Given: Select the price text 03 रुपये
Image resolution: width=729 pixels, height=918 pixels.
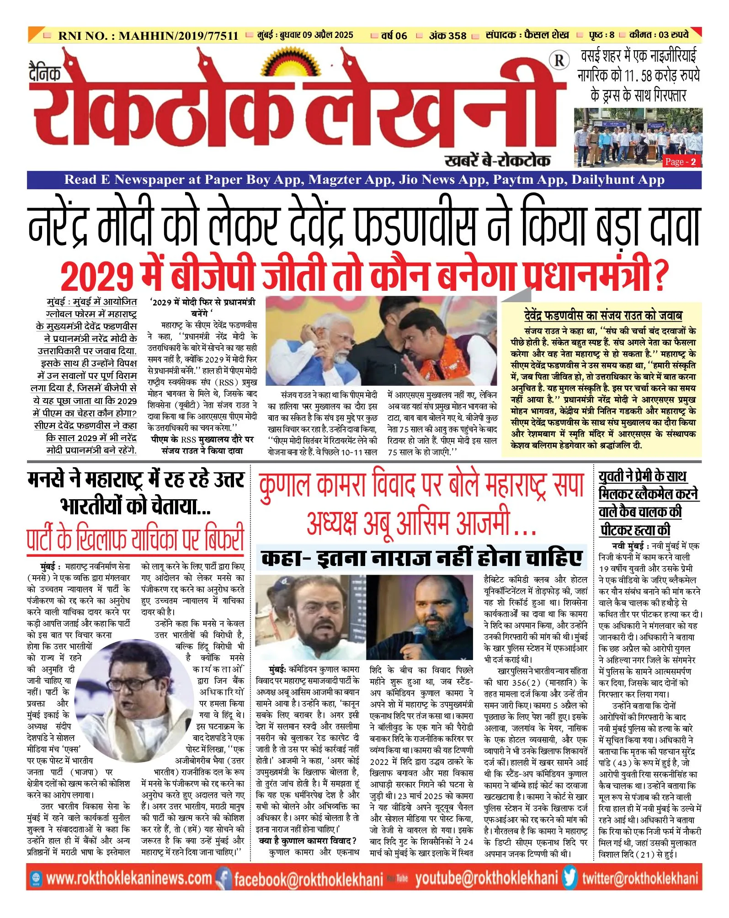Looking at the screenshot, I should pos(674,35).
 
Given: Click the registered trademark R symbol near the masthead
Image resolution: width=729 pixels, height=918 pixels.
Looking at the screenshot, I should pos(559,60).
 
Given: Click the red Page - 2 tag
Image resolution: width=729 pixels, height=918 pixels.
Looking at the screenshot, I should pos(680,162).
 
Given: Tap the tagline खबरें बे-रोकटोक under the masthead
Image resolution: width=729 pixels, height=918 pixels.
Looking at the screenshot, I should pos(497,160).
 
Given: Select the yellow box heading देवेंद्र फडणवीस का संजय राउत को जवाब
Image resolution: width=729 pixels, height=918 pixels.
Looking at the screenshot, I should pos(603,315).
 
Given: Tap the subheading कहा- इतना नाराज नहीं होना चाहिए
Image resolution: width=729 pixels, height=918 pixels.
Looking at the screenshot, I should pos(421,558).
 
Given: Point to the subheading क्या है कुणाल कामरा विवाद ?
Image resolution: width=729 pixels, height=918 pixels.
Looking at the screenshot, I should pos(307,841).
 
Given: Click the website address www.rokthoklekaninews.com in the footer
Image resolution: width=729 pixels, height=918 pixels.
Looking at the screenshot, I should pos(129,879).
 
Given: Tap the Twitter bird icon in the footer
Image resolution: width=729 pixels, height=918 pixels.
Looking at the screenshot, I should pos(570,878).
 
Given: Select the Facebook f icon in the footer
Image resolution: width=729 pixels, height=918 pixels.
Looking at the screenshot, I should pos(223,879).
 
